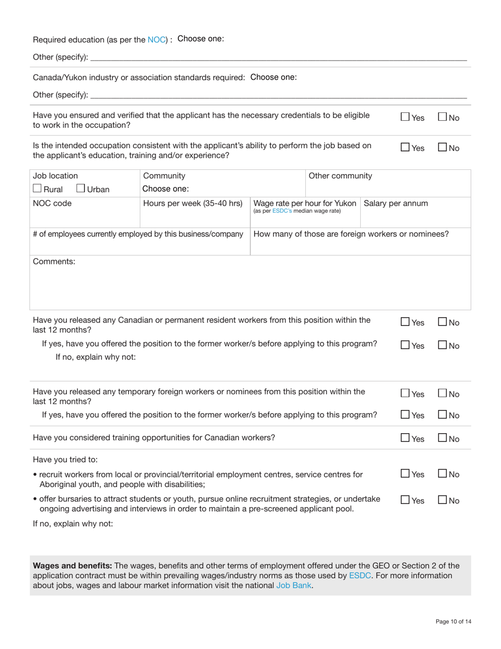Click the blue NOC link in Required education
[x=157, y=40]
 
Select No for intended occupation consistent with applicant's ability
[x=443, y=149]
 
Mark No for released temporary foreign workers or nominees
[x=443, y=394]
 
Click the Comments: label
[x=54, y=261]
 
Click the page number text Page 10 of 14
[x=453, y=622]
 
